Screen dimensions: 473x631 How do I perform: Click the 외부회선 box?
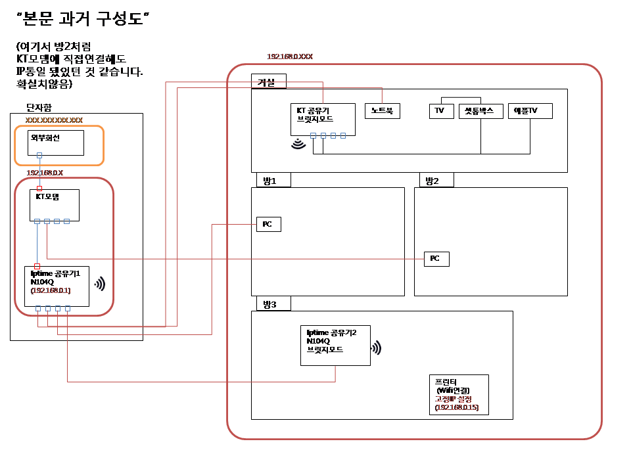coord(56,143)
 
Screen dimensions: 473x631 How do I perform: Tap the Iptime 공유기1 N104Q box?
coord(57,286)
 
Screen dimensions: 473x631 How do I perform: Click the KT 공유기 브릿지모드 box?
coord(323,119)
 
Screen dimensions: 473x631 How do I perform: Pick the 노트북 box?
coord(382,111)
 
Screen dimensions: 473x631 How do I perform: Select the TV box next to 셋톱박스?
coord(440,111)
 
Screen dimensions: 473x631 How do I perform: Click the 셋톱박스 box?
coord(480,111)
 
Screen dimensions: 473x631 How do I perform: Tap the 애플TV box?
coord(530,111)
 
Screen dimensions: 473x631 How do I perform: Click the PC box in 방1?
coord(268,225)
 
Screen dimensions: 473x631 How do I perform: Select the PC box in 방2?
coord(436,259)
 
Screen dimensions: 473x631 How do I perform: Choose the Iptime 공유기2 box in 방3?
coord(335,346)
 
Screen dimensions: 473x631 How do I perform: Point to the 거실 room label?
coord(268,81)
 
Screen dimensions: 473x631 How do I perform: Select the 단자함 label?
coord(38,107)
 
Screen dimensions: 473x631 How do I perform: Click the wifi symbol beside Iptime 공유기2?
coord(376,348)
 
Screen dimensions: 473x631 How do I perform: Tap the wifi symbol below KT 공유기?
coord(299,144)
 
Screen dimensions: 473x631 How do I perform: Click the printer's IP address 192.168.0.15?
coord(457,408)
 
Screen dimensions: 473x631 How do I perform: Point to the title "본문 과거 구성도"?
coord(83,20)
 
